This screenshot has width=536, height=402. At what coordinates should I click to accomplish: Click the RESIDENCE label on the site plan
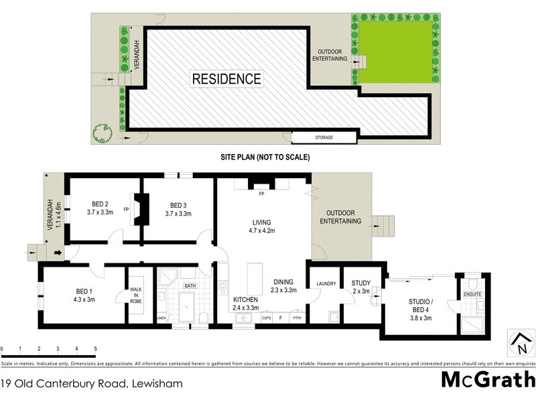click(227, 78)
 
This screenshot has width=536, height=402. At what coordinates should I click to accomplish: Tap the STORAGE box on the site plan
click(324, 137)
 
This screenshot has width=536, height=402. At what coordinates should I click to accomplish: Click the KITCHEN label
click(245, 299)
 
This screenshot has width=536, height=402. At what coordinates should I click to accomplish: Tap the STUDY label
click(360, 283)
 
